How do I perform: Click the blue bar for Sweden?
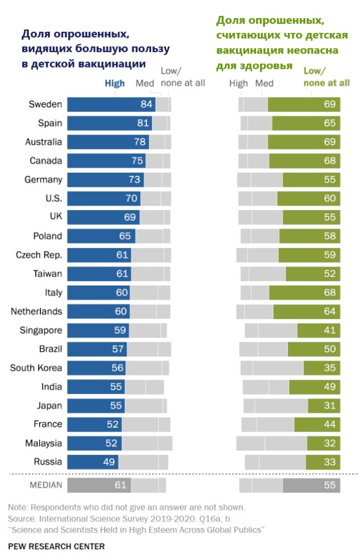[x=111, y=104]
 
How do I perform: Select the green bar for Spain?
[x=306, y=123]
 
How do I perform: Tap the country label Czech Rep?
[x=39, y=254]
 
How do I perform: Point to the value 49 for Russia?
[x=109, y=461]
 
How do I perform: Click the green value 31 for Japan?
[x=329, y=405]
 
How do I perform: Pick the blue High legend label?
[x=115, y=83]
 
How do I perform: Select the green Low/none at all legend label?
[x=326, y=77]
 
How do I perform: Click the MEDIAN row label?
[x=45, y=485]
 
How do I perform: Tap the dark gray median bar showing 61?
[x=99, y=485]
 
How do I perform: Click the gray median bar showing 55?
[x=311, y=485]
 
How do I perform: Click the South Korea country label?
[x=36, y=367]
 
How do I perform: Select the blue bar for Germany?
[x=105, y=179]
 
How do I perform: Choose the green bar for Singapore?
[x=319, y=330]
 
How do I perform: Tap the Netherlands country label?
[x=36, y=311]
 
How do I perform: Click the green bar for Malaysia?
[x=324, y=442]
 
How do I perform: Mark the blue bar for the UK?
[x=103, y=217]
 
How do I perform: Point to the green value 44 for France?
[x=329, y=424]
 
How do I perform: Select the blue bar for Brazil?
[x=97, y=349]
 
